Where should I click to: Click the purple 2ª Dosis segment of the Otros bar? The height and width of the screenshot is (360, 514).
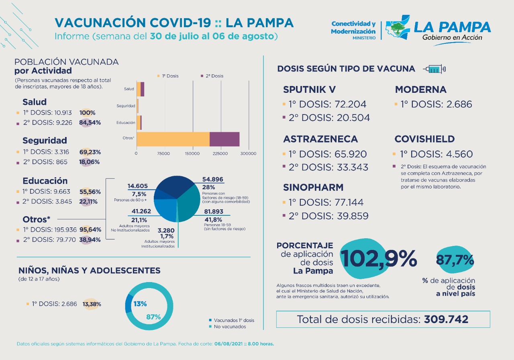[x=224, y=139]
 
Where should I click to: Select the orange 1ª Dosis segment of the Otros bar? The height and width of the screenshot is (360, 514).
[x=173, y=139]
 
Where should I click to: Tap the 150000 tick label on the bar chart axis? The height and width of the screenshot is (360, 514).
[x=192, y=153]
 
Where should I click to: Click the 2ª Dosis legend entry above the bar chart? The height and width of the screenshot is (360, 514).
[x=212, y=76]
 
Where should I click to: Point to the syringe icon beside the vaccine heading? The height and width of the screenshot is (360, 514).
[x=434, y=69]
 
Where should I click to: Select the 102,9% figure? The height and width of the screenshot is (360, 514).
[x=379, y=259]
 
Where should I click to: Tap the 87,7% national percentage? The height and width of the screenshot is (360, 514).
[x=455, y=260]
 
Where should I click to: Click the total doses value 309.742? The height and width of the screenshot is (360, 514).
[x=446, y=319]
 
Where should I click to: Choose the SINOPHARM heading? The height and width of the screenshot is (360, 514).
[x=313, y=188]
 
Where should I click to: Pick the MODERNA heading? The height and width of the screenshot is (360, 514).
[x=421, y=90]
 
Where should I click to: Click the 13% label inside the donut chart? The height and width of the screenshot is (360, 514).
[x=140, y=304]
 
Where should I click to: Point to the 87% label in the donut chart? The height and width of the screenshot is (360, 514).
[x=153, y=317]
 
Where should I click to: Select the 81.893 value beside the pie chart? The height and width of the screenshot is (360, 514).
[x=214, y=211]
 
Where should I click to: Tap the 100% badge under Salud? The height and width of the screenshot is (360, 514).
[x=88, y=113]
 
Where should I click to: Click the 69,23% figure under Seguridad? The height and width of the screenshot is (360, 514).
[x=90, y=152]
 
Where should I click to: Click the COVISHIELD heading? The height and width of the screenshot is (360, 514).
[x=424, y=139]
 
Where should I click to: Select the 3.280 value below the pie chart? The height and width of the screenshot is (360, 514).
[x=166, y=230]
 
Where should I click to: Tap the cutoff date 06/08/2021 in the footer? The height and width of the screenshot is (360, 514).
[x=228, y=344]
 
